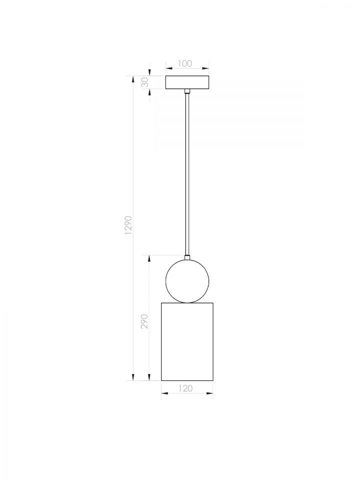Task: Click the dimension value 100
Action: pos(185,63)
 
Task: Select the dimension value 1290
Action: pos(128,225)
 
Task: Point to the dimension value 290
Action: pos(144,321)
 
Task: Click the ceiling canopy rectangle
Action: pos(187,82)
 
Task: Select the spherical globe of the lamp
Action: pos(187,281)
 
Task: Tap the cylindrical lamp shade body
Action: pos(187,341)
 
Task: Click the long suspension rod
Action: pos(187,174)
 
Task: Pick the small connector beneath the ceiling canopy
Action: pos(187,91)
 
